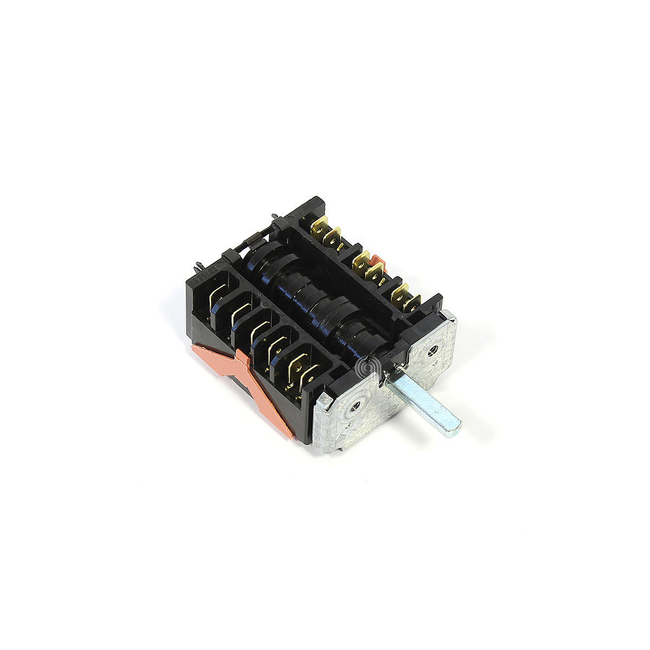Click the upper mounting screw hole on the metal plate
[431, 349]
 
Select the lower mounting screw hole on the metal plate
[355, 404]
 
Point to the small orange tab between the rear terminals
[380, 264]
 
